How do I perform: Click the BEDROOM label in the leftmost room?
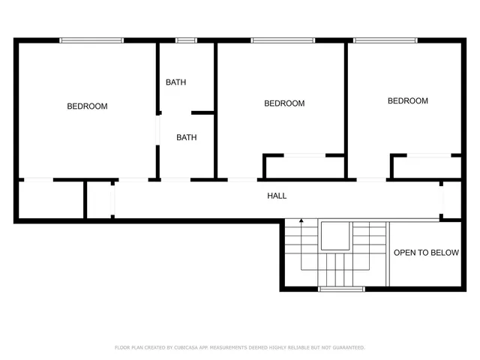coord(87,106)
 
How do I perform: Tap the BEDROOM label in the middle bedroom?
coord(284,103)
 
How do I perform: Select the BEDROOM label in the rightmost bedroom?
coord(407,100)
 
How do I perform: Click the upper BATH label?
coord(176,82)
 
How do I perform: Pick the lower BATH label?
coord(187,137)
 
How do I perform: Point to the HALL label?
coord(277,196)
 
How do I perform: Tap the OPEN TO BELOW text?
coord(426,253)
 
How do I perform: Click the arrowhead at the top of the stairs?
coord(301,221)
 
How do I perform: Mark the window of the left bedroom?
coord(91,40)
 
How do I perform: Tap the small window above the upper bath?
coord(186,40)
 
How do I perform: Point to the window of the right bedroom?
coord(385,40)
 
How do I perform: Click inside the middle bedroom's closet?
coord(303,167)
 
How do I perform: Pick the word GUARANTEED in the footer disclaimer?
coord(346,347)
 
